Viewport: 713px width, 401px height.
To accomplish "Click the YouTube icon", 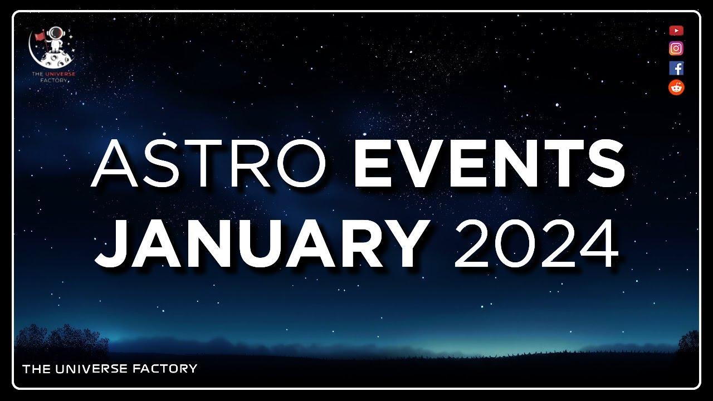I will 676,31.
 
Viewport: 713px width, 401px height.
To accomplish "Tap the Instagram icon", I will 676,48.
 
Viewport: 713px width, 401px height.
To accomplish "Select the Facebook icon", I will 676,68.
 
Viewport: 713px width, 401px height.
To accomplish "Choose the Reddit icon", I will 676,87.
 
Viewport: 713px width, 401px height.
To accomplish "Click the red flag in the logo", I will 40,36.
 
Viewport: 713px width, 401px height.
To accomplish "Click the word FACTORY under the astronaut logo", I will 54,80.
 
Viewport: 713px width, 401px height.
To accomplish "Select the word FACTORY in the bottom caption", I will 167,368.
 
